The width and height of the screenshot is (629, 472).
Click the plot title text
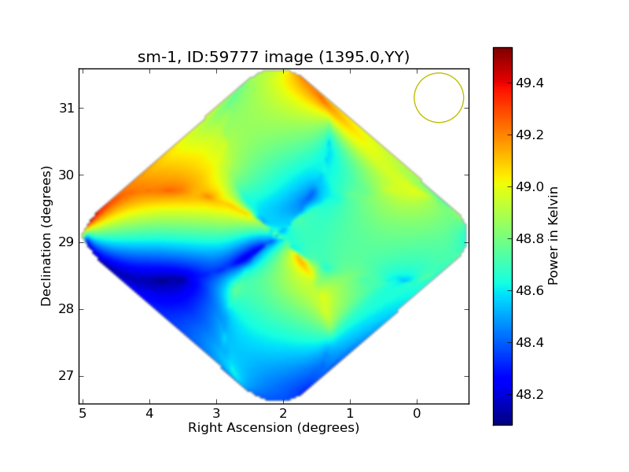click(274, 57)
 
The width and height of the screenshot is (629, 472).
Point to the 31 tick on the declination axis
click(67, 109)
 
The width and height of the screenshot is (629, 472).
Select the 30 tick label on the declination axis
click(67, 175)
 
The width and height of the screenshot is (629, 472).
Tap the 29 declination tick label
click(67, 242)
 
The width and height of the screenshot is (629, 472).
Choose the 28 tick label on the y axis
click(67, 309)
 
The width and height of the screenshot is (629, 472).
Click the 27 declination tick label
click(67, 376)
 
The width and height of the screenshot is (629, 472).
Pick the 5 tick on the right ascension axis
click(83, 413)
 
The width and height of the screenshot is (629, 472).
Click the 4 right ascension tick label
click(149, 413)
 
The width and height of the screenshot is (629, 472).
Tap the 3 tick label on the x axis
click(216, 413)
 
